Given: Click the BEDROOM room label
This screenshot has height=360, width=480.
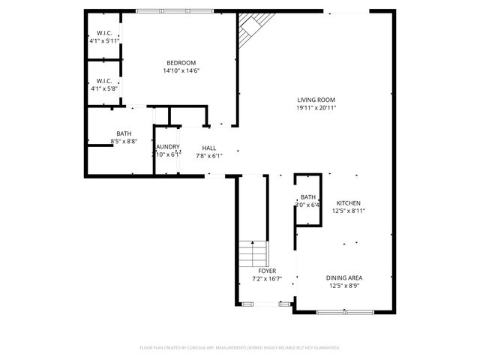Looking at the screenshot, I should click(181, 62).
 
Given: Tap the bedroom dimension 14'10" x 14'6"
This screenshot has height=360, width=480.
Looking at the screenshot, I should click(181, 70).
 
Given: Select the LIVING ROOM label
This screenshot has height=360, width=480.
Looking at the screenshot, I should click(316, 100).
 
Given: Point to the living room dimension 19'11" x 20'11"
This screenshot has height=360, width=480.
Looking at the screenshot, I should click(316, 108).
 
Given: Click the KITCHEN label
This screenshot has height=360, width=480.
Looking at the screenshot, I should click(349, 203).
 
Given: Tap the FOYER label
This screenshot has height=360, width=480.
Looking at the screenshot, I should click(267, 271).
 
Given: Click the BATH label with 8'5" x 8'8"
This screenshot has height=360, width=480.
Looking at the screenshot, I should click(123, 133).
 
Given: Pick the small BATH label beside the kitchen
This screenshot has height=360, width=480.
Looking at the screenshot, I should click(308, 196).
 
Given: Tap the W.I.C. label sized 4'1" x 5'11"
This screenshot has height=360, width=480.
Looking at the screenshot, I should click(103, 33).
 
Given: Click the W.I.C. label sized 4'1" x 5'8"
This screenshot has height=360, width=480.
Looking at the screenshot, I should click(103, 80).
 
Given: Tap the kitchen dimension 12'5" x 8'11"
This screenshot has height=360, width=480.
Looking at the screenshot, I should click(349, 211).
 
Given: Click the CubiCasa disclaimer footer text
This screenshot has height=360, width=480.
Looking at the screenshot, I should click(240, 347).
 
